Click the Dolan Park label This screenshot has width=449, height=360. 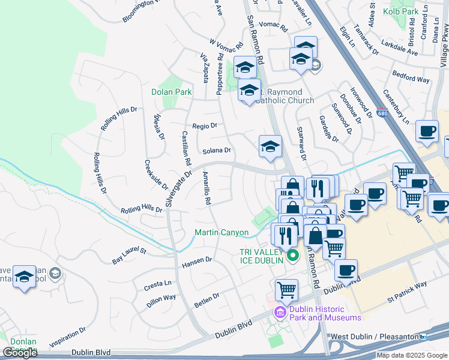[x=171, y=92]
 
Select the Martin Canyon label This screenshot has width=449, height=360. [x=221, y=232]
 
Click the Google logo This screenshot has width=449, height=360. [x=20, y=353]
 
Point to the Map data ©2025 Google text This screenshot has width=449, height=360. [x=411, y=355]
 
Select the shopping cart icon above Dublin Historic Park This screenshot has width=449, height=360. [x=287, y=290]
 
